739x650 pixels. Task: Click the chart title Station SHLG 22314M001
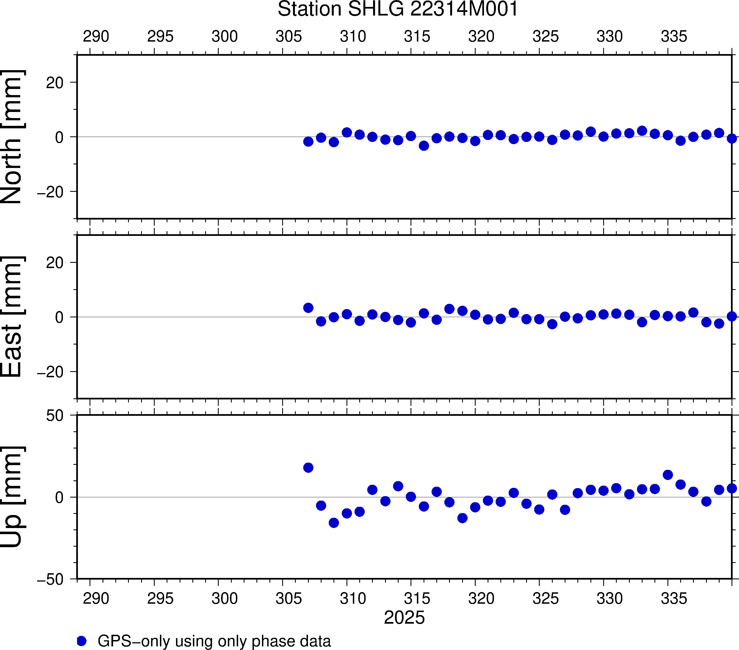pyautogui.click(x=398, y=9)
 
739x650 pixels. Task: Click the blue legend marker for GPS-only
pyautogui.click(x=82, y=641)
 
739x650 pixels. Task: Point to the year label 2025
pyautogui.click(x=404, y=618)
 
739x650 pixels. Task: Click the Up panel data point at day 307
pyautogui.click(x=308, y=467)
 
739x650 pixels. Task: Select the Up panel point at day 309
pyautogui.click(x=334, y=523)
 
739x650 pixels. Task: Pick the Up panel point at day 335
pyautogui.click(x=668, y=475)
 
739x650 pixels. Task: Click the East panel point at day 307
pyautogui.click(x=308, y=308)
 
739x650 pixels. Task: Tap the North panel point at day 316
pyautogui.click(x=424, y=146)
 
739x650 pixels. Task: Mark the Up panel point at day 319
pyautogui.click(x=462, y=518)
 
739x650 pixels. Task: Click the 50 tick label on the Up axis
pyautogui.click(x=55, y=416)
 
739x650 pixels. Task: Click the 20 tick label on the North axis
pyautogui.click(x=55, y=83)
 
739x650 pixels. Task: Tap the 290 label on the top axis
pyautogui.click(x=96, y=37)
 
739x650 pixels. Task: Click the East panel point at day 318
pyautogui.click(x=449, y=309)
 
